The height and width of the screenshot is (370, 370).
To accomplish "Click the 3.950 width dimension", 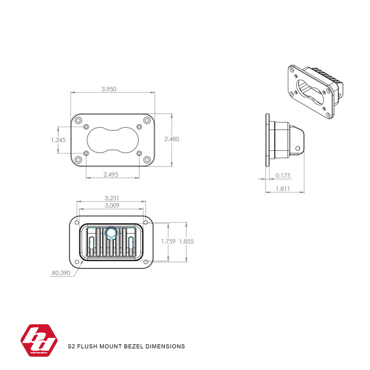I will [x=109, y=89].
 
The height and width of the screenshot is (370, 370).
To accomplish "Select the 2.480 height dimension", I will [x=172, y=139].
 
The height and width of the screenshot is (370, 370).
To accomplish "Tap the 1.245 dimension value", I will [x=58, y=140].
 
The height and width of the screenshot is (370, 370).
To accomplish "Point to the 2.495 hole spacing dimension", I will [x=111, y=175].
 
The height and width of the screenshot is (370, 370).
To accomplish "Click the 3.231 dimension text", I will [x=112, y=198].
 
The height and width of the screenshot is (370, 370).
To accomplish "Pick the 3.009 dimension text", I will [x=112, y=205].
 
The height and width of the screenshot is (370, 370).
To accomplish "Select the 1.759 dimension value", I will [x=168, y=241].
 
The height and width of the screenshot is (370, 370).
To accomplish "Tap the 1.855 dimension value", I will [x=186, y=241].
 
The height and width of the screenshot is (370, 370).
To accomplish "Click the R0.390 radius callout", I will [x=61, y=273].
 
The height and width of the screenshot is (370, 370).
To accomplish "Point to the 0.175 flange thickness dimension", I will [x=283, y=176].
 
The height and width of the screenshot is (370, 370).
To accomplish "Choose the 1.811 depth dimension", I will [x=283, y=189].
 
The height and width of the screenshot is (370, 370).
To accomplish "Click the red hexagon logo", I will [x=39, y=340].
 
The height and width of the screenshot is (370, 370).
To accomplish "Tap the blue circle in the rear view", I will [x=111, y=233].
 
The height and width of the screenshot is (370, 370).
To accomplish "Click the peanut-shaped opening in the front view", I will [x=112, y=140].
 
